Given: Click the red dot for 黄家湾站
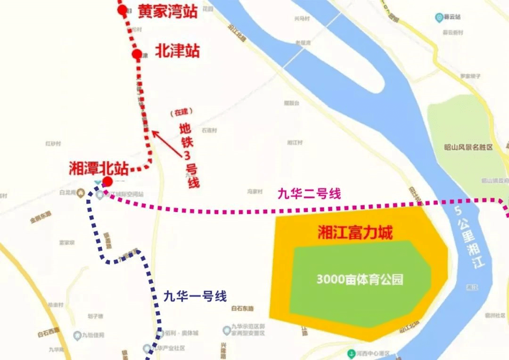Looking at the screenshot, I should click(123, 10).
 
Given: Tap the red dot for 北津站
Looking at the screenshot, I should click(137, 55).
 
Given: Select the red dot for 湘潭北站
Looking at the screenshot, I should click(107, 181).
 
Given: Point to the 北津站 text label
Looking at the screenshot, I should click(178, 51).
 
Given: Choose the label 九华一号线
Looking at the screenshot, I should click(195, 296).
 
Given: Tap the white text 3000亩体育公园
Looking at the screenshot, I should click(360, 279).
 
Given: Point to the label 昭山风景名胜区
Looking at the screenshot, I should click(468, 147).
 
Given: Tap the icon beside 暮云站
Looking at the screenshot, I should click(439, 17).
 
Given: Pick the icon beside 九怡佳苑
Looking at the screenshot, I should click(77, 335).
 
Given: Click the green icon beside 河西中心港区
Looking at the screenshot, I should click(351, 353).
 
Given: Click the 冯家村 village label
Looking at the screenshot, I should click(254, 192).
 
